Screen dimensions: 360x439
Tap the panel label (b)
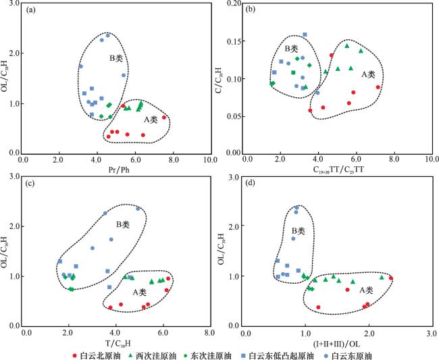tap(255, 11)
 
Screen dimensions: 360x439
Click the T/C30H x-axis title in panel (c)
tap(118, 343)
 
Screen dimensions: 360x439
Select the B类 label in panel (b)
tap(290, 49)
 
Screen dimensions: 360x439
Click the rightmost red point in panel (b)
tap(378, 87)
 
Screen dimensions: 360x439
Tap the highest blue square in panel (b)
tap(305, 34)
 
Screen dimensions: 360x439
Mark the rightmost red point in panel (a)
tap(164, 118)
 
